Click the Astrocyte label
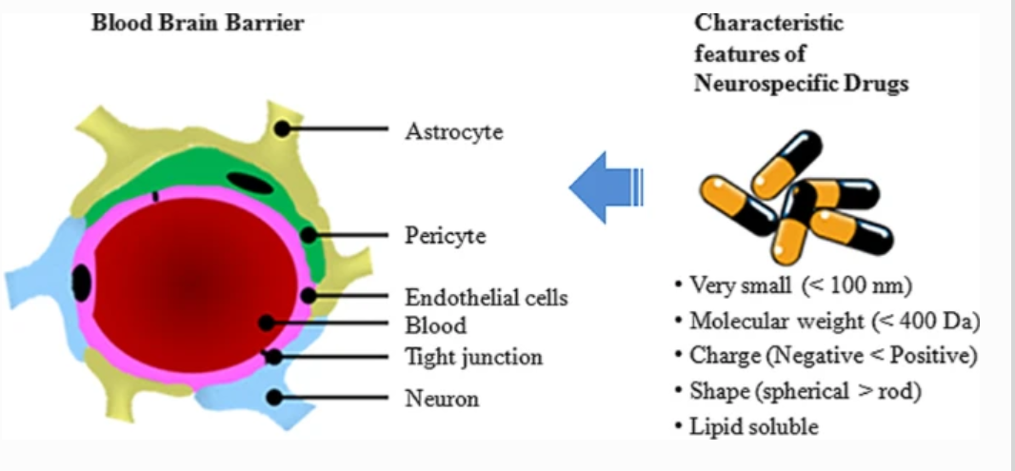[x=453, y=131]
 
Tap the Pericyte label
[x=445, y=235]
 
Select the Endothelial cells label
[x=486, y=297]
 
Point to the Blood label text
[x=436, y=325]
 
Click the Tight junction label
[x=473, y=358]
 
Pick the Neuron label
[x=442, y=398]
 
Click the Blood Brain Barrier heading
[x=197, y=23]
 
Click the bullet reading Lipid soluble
[x=752, y=426]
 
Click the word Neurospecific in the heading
[x=763, y=83]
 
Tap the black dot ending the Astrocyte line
[x=283, y=128]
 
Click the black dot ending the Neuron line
[x=274, y=397]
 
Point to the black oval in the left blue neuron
[x=82, y=282]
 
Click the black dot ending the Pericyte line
[x=308, y=234]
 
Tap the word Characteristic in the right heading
[x=769, y=23]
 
